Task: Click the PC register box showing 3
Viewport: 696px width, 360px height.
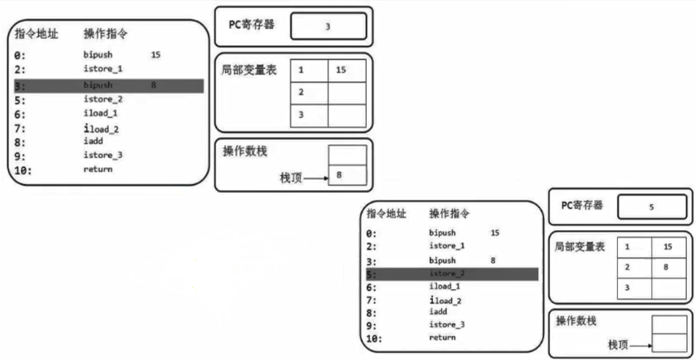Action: point(328,26)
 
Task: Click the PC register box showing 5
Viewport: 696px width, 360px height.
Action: point(652,207)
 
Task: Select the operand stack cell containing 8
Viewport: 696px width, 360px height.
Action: point(347,175)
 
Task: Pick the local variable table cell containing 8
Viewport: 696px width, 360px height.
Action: point(668,267)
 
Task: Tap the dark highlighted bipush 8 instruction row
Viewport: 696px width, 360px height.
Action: point(109,86)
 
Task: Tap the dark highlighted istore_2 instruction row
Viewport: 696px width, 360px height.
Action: point(452,274)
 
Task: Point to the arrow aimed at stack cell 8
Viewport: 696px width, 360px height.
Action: point(316,177)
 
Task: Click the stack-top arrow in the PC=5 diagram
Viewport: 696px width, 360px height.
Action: point(641,345)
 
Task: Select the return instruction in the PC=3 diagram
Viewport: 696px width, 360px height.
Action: point(98,170)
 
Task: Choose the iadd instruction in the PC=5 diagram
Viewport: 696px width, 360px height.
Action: point(437,312)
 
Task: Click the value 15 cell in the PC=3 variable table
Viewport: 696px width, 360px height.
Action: point(347,70)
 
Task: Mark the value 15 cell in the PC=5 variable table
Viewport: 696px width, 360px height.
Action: point(668,247)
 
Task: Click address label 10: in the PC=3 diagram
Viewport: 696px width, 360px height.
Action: point(23,170)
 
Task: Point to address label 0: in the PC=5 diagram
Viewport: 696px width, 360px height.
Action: point(372,234)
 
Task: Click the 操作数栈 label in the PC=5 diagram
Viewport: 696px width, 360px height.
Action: point(577,321)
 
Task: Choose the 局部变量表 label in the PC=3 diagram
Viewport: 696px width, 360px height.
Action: point(249,70)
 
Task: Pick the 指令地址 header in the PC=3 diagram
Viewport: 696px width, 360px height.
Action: point(34,34)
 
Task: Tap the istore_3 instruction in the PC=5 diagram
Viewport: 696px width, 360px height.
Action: point(447,324)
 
